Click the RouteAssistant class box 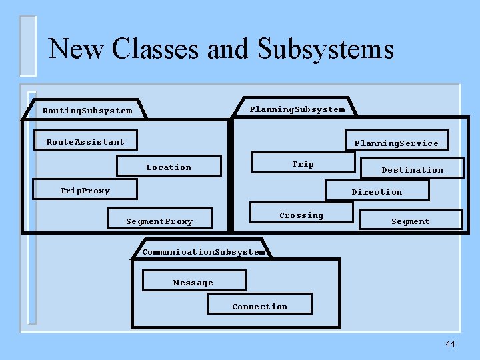pos(86,141)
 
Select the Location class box pos(169,166)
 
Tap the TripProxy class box pos(85,191)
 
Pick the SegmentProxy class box pos(159,220)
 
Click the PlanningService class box pos(397,141)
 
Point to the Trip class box pos(303,163)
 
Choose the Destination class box pos(412,169)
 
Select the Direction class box pos(377,191)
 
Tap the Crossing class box pos(301,214)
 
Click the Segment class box pos(411,220)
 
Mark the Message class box pos(194,281)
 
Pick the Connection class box pos(259,305)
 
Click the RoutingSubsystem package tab pos(87,110)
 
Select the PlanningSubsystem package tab pos(297,109)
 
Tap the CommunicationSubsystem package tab pos(204,251)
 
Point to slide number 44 pos(450,344)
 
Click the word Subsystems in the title pos(326,49)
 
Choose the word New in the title pos(77,49)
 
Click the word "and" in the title pos(231,49)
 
